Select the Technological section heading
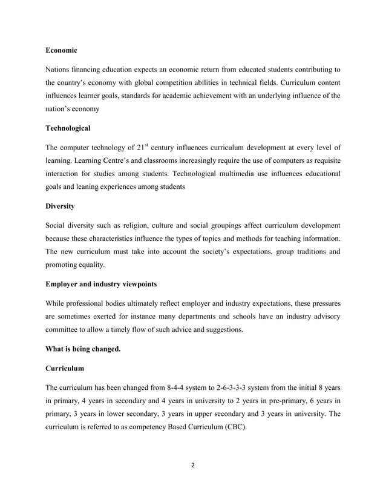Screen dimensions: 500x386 pos(68,128)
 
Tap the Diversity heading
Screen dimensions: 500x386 pos(60,206)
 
